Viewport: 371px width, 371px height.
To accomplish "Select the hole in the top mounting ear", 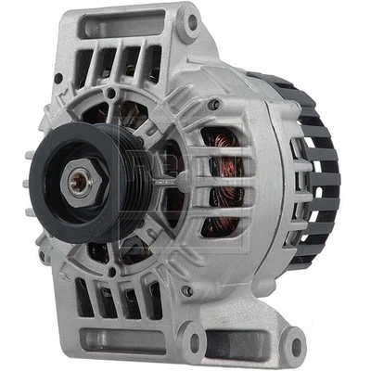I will point(191,25).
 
